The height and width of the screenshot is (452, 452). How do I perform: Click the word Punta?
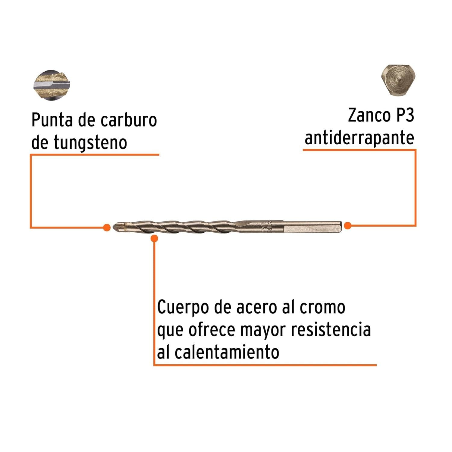pos(52,120)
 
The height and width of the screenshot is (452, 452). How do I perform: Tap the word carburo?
pos(129,120)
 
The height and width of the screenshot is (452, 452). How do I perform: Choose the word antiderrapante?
pos(359,138)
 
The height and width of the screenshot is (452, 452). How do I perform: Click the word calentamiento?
pos(227,352)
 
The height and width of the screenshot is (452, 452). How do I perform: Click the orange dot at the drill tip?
pos(106,228)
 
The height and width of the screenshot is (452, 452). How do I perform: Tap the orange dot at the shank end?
pos(348,225)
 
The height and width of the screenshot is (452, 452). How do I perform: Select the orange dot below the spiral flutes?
pos(154,239)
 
